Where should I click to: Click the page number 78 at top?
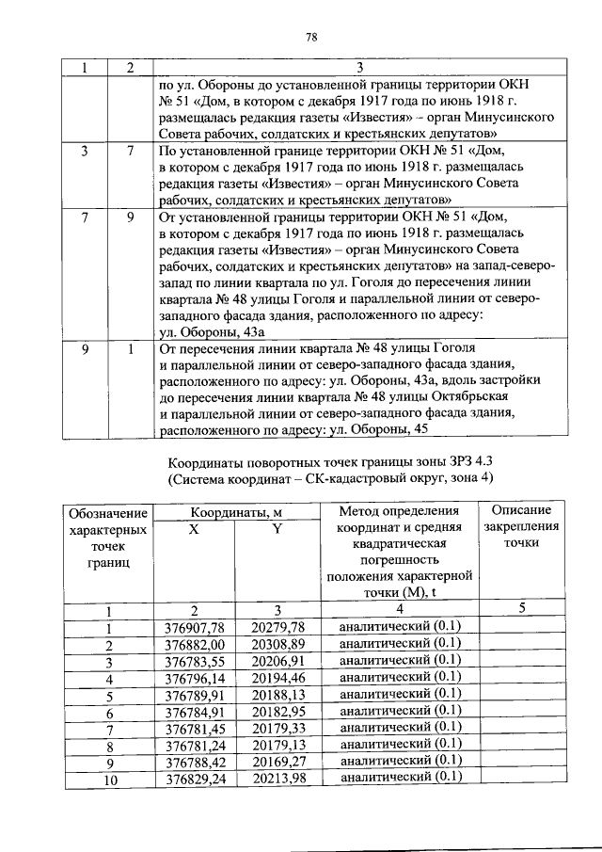311,37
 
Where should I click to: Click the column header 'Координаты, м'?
236,512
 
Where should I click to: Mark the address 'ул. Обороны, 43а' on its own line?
212,332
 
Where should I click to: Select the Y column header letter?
277,529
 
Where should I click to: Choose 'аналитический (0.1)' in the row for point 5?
400,695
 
